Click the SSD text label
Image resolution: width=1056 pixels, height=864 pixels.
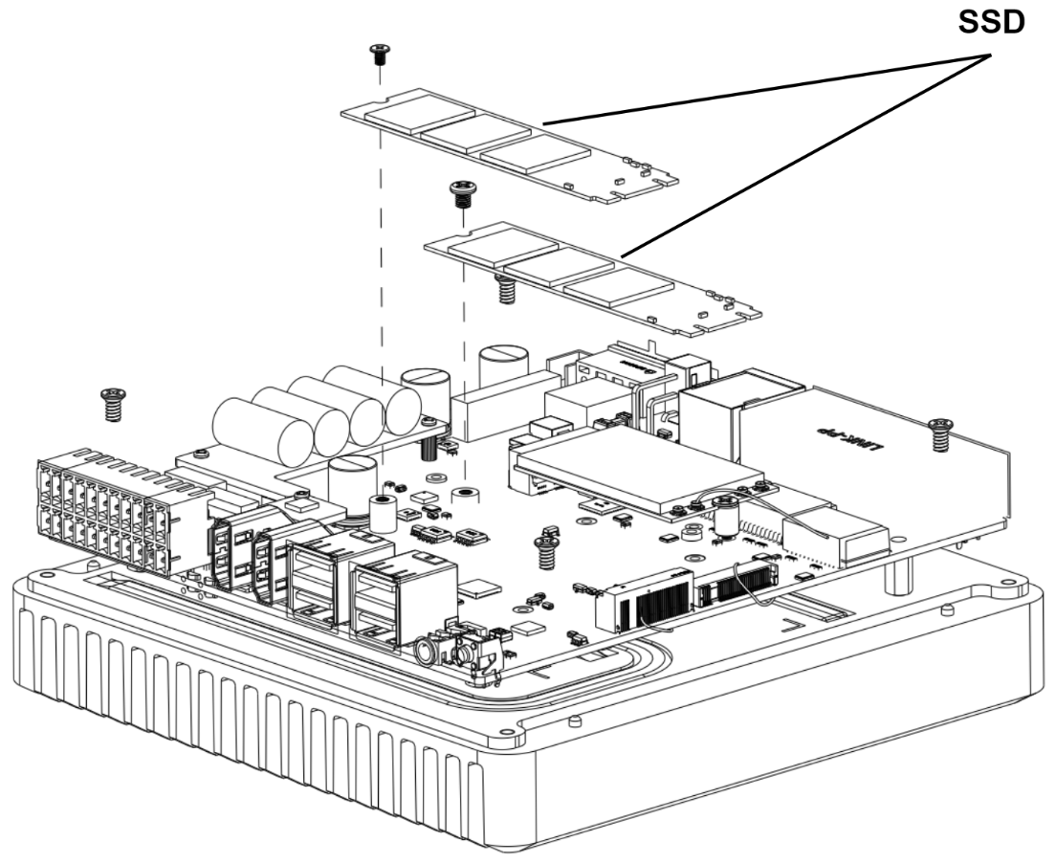point(992,24)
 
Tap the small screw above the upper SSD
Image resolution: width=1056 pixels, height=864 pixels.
point(379,54)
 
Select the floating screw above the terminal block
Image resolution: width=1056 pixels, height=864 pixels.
point(114,404)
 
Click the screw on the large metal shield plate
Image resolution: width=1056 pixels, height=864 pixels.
point(939,432)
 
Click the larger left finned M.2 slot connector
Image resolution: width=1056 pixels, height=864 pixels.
point(644,600)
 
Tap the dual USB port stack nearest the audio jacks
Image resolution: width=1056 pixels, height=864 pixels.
point(387,600)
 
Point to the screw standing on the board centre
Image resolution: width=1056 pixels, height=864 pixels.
point(546,550)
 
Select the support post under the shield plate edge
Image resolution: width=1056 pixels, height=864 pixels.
point(901,573)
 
